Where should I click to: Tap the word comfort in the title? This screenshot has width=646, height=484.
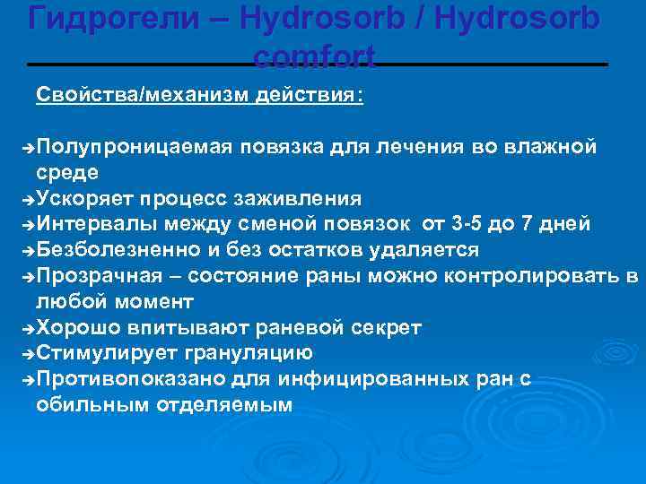click(x=314, y=57)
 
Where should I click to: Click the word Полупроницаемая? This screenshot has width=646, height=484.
click(x=135, y=146)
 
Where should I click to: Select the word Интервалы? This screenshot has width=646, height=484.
click(x=99, y=224)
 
